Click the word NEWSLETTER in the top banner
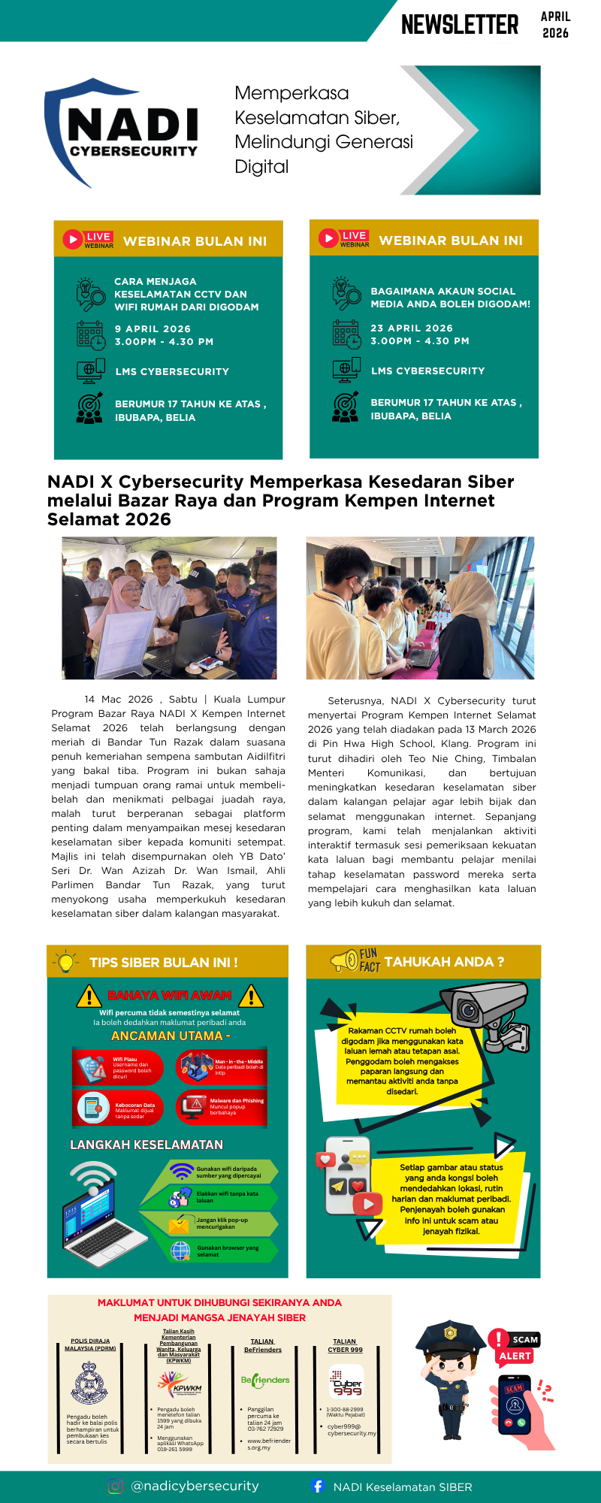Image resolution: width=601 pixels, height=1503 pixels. (x=460, y=25)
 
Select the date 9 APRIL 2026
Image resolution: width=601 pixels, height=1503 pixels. (x=153, y=329)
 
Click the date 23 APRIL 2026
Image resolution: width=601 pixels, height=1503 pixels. (x=412, y=328)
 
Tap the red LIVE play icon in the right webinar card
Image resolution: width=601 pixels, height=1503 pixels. (x=328, y=238)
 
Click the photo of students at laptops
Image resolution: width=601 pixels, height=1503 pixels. (x=420, y=608)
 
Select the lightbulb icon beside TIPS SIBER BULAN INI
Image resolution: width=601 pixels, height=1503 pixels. (x=66, y=961)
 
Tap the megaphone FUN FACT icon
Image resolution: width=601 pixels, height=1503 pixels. (x=345, y=960)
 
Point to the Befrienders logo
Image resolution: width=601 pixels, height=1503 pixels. (x=265, y=1380)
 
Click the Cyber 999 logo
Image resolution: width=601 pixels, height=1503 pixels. (x=346, y=1382)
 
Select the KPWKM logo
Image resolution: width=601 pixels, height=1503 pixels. (x=180, y=1383)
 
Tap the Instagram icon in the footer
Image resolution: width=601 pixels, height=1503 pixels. (x=115, y=1486)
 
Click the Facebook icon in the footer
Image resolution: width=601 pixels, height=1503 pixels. (x=318, y=1486)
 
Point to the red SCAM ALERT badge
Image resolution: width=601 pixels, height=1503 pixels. (x=515, y=1347)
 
